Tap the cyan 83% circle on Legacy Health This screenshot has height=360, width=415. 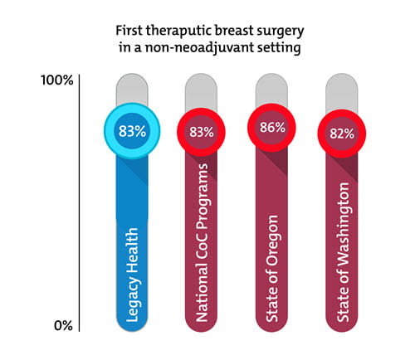tap(131, 130)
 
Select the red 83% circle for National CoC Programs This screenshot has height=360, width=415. tap(201, 131)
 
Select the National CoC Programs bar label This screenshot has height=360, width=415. tap(202, 249)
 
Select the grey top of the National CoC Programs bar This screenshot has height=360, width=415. tap(201, 90)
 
